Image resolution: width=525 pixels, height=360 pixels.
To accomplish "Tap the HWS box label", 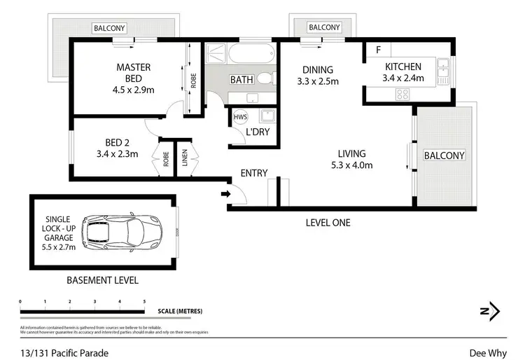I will point(240,116).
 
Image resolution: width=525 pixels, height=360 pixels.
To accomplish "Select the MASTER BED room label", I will point(133,68).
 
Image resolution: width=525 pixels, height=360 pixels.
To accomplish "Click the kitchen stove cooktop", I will point(402,92).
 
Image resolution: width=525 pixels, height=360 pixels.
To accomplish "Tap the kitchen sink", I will point(442,68).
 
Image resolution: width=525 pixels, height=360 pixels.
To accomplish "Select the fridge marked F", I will point(379,50).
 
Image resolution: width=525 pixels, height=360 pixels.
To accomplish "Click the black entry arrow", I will point(225,194).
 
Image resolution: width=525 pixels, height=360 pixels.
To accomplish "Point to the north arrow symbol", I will point(492,310).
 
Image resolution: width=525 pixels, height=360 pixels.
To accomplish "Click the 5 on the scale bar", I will point(144,301).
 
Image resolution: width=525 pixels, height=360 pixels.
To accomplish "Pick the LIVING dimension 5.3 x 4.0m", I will point(351,165).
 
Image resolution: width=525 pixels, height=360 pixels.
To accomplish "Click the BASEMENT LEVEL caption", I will point(102,280).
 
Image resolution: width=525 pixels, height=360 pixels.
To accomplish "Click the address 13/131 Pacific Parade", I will point(64,353).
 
